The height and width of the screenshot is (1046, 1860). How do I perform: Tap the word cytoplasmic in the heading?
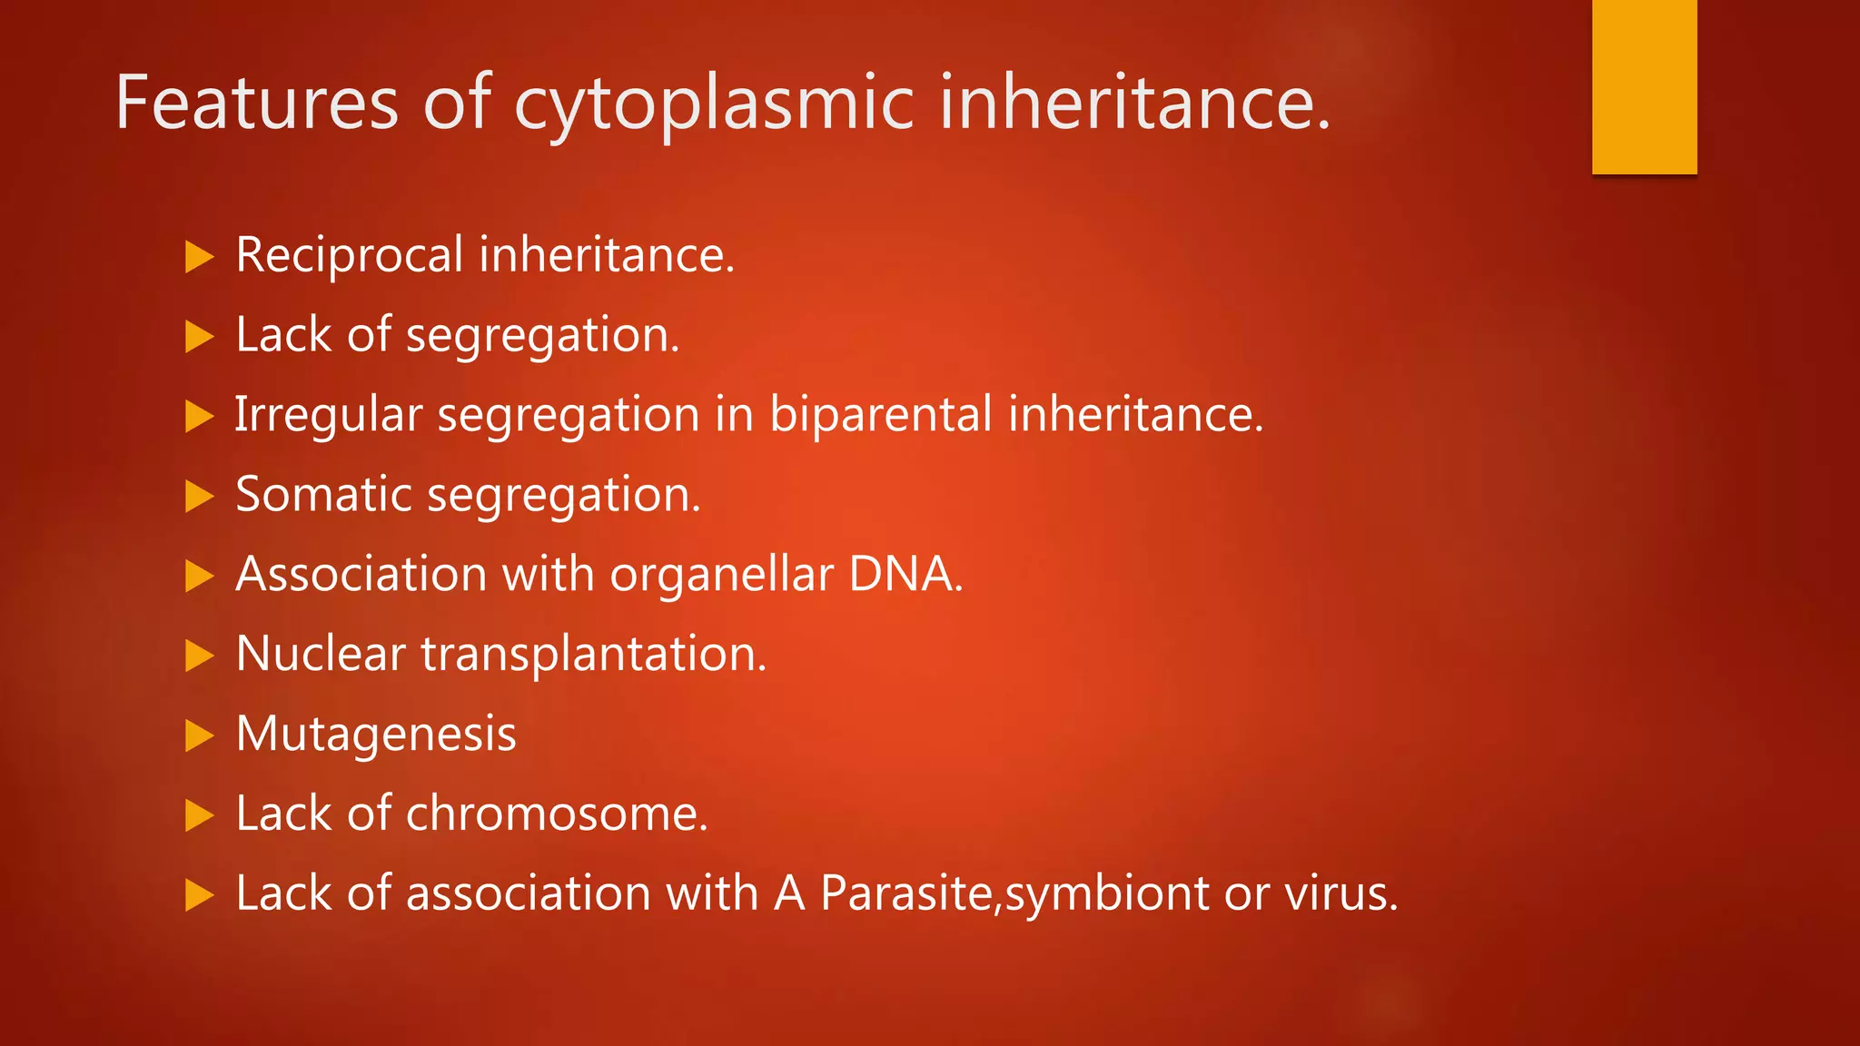(x=714, y=104)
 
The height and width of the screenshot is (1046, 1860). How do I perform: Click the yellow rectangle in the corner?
(x=1644, y=86)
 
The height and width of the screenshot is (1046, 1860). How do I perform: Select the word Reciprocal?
(x=349, y=255)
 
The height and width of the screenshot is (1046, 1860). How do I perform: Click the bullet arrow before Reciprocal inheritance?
(x=199, y=257)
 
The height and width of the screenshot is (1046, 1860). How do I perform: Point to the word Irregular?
(x=328, y=416)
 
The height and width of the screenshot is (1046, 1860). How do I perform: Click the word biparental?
(x=880, y=416)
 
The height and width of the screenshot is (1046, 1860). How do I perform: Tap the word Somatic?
(x=323, y=495)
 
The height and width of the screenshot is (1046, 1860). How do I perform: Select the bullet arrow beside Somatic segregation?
(x=199, y=497)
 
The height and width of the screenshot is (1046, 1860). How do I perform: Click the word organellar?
(x=721, y=576)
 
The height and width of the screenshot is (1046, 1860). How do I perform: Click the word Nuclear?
(x=320, y=654)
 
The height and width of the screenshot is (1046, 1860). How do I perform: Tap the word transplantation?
(x=593, y=656)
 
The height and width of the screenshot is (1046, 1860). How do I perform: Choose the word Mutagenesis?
(x=376, y=735)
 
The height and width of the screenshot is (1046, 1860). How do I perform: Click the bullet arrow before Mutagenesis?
(x=199, y=735)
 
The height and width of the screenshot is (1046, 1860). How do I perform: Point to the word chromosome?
(x=555, y=814)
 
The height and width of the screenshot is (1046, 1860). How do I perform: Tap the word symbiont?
(x=1106, y=895)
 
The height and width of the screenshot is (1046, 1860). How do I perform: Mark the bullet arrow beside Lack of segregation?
(x=199, y=337)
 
